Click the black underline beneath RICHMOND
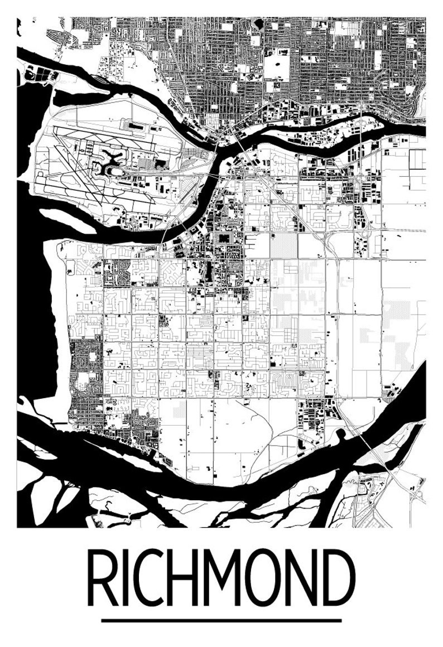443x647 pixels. click(222, 620)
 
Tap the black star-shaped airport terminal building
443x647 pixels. click(112, 162)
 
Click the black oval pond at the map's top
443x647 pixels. click(257, 23)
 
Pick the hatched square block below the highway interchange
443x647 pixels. click(284, 245)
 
